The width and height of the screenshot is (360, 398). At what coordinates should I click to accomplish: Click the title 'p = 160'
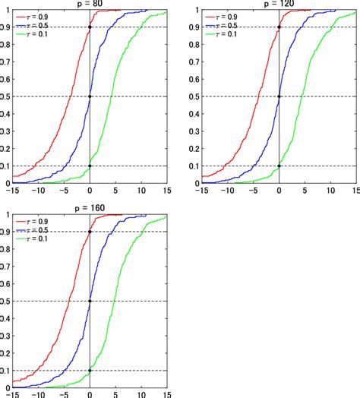(x=89, y=207)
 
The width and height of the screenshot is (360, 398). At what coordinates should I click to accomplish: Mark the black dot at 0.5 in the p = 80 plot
(x=90, y=96)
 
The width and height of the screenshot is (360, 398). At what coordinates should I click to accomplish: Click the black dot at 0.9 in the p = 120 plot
(x=279, y=27)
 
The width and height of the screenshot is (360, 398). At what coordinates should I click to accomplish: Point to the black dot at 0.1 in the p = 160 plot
(x=90, y=371)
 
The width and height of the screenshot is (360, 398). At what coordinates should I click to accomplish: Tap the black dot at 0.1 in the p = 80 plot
(x=90, y=166)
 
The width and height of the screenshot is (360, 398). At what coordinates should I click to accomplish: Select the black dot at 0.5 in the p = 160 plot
(x=90, y=302)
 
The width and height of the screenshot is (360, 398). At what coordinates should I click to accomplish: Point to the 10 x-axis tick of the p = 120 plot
(x=331, y=190)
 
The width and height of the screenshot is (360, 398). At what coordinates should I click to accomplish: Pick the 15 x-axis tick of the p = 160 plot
(x=166, y=394)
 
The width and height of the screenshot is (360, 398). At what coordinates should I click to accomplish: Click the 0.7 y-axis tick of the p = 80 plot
(x=6, y=62)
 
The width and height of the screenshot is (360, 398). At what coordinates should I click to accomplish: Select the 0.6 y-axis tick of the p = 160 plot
(x=6, y=284)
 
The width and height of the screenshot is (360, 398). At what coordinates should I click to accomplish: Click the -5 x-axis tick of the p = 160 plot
(x=64, y=394)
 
